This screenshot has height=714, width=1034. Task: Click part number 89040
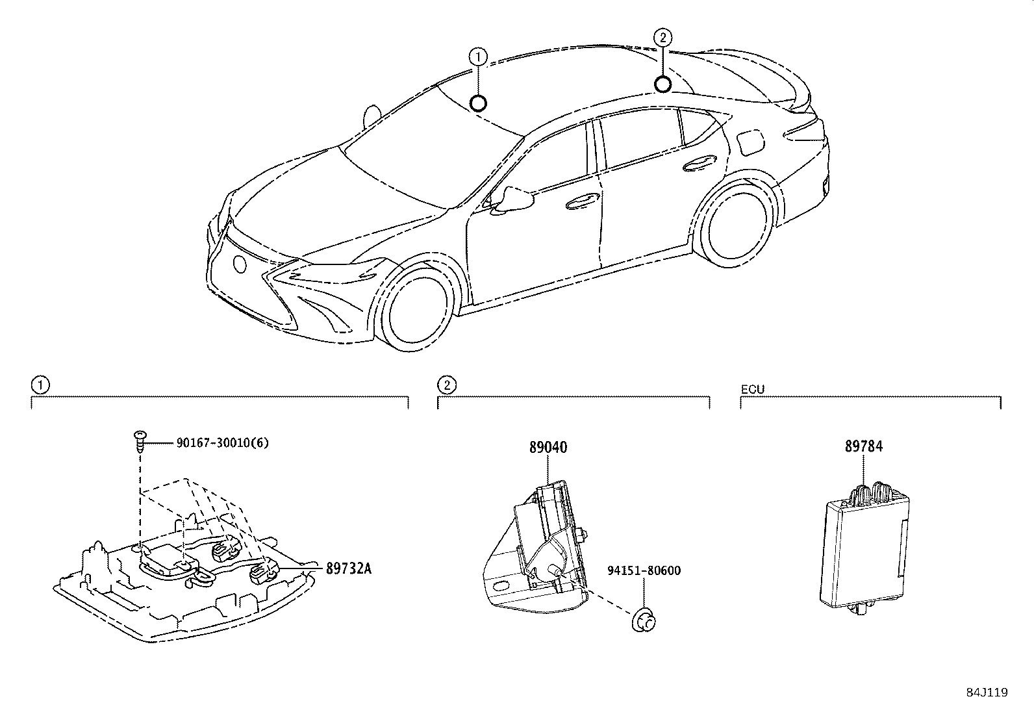(548, 448)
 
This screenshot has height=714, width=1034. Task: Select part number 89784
(864, 447)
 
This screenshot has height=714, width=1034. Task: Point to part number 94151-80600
(644, 571)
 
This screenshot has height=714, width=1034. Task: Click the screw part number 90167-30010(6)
(222, 443)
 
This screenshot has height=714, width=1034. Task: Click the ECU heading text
(753, 389)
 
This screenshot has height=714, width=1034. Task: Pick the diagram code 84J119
(985, 693)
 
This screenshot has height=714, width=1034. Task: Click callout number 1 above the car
(478, 57)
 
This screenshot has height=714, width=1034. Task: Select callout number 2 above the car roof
(662, 38)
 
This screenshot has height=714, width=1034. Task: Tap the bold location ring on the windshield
(479, 103)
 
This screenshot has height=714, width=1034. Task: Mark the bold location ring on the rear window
(662, 84)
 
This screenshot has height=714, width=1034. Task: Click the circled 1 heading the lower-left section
(40, 385)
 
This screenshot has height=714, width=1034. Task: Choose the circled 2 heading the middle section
(447, 385)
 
